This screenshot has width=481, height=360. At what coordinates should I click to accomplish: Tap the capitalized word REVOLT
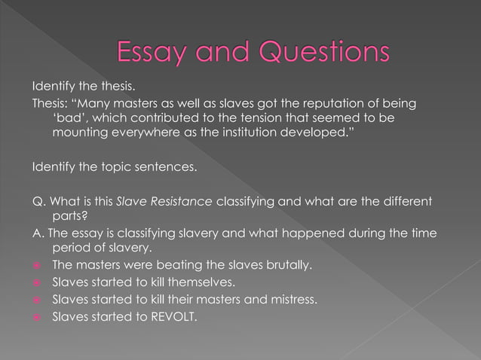[167, 316]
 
